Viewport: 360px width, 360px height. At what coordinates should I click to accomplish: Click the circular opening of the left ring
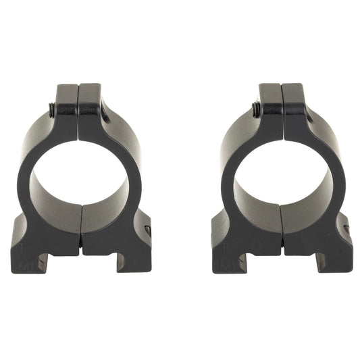tap(80, 178)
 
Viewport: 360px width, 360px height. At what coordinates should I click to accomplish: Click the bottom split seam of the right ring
tap(282, 230)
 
